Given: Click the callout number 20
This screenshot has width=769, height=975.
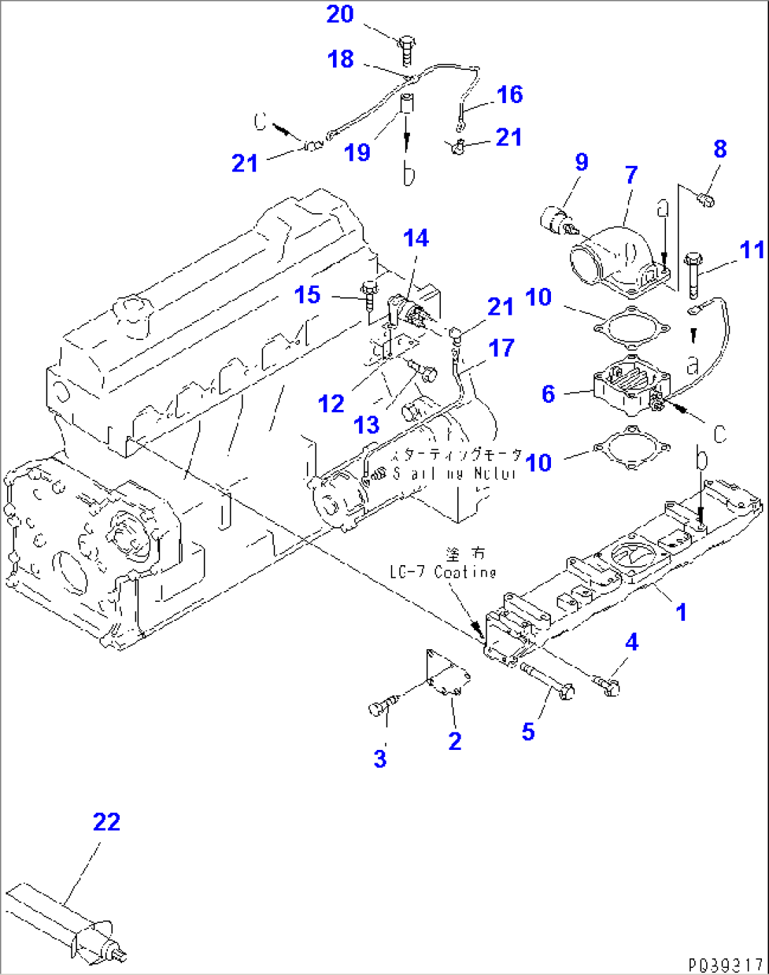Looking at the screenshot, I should (339, 14).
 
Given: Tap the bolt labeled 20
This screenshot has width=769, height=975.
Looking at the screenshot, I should (408, 49).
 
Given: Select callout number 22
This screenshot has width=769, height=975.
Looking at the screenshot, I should (107, 822).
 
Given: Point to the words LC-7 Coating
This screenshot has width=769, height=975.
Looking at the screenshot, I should (443, 571).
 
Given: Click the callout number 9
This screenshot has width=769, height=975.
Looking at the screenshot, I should (581, 162).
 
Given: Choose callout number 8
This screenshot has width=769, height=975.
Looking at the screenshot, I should (720, 149).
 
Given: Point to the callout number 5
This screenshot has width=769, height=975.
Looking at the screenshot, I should (528, 732).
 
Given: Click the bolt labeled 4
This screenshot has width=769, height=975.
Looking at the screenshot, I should (608, 685).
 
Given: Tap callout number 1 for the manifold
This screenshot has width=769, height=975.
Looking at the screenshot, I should (681, 612).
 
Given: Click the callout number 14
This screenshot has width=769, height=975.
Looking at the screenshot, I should (416, 238).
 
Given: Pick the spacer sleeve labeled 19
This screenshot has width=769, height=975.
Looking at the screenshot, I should (407, 104).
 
